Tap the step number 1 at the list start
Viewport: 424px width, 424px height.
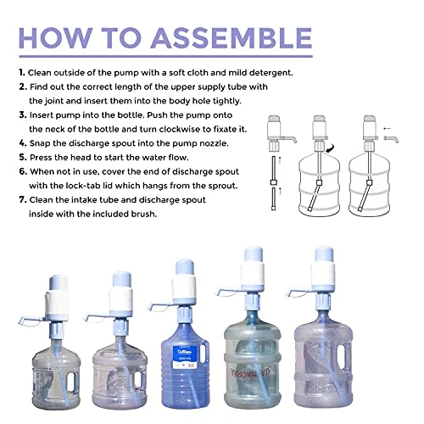pyautogui.click(x=20, y=74)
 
